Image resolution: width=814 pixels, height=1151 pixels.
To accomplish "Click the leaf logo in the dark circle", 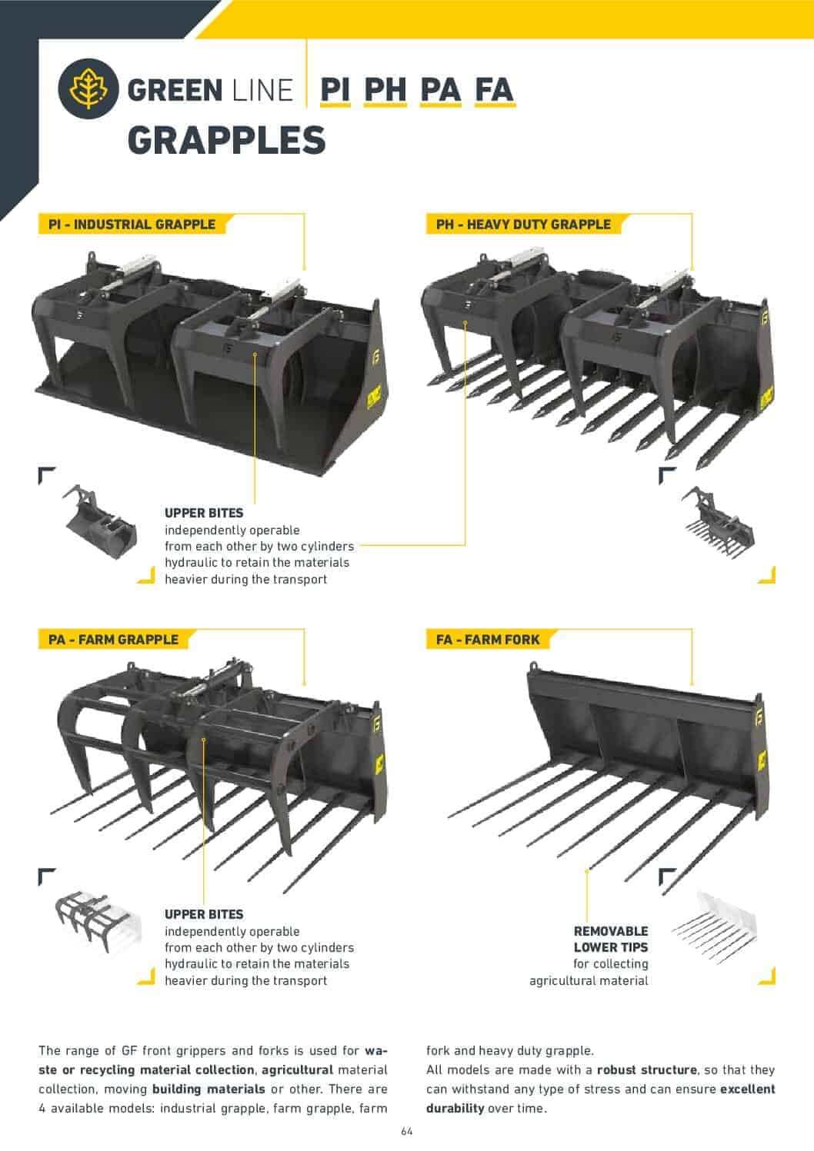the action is [88, 89].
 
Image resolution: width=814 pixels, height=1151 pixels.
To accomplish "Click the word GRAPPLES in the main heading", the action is [226, 141].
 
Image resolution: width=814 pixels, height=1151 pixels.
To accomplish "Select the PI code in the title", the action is [335, 90].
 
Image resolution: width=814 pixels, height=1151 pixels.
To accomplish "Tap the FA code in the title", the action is [494, 90].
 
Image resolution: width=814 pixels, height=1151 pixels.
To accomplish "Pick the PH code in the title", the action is [385, 90].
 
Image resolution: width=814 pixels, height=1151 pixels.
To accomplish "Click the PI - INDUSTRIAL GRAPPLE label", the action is [132, 225].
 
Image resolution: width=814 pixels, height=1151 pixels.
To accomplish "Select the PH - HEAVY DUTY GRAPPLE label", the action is [523, 225].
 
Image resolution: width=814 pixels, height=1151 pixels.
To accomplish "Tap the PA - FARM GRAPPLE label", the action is [114, 640].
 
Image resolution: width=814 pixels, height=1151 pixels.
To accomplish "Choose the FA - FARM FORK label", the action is [488, 640].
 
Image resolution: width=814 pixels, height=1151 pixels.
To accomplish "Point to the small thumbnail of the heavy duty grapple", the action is [717, 523].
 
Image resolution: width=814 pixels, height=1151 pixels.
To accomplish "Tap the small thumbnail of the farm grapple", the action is [97, 921].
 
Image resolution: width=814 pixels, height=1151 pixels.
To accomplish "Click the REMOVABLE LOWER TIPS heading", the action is [611, 939].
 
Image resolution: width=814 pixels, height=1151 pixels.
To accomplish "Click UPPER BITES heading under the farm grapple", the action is [204, 914].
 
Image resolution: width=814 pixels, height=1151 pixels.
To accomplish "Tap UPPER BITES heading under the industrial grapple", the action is [204, 513].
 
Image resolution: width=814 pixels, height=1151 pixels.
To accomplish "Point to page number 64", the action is [407, 1132].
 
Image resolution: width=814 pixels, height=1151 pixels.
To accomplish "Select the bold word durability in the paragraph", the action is [455, 1109].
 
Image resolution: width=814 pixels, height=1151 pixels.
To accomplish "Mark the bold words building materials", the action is [209, 1089].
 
